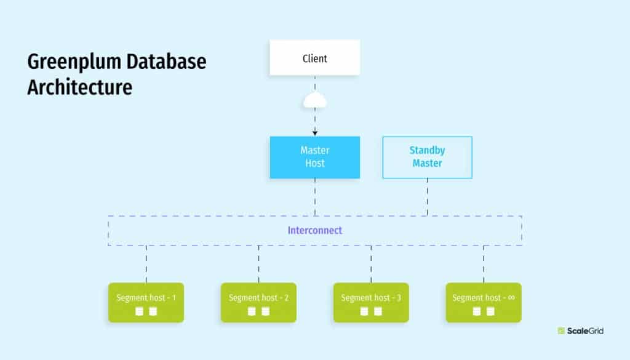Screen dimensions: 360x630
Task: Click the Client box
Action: tap(314, 58)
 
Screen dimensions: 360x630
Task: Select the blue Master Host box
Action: tap(314, 157)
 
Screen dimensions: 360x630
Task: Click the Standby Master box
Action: tap(427, 157)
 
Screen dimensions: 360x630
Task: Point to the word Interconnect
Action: tap(314, 231)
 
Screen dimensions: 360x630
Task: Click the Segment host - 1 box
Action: tap(146, 302)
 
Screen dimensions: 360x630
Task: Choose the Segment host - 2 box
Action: tap(258, 302)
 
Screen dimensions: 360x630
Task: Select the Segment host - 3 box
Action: tap(371, 302)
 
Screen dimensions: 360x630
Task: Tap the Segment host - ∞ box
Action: tap(483, 302)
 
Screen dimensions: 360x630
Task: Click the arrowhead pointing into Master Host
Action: tap(314, 132)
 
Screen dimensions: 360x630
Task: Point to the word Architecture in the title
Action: tap(79, 87)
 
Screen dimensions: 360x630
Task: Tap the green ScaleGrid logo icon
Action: tap(561, 331)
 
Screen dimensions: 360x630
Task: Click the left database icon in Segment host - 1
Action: tap(139, 311)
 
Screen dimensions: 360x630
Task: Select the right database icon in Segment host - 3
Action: tap(378, 311)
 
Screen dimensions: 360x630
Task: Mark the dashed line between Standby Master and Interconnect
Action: tap(427, 197)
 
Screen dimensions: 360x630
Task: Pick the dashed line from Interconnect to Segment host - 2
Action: tap(258, 264)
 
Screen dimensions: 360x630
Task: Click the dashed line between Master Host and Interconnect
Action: tap(314, 197)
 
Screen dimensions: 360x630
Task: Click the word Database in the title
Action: tap(164, 63)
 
